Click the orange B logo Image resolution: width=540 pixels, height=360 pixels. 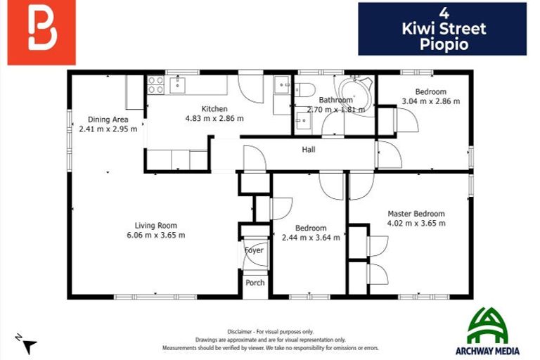[41, 32]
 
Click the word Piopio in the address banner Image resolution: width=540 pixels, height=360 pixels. [442, 44]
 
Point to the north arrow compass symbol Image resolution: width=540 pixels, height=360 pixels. [26, 345]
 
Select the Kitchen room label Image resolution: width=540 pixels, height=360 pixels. [214, 109]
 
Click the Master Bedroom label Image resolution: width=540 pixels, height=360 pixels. [416, 214]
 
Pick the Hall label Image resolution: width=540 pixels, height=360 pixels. [308, 150]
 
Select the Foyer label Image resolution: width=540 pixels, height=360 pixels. [254, 250]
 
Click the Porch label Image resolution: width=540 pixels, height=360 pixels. [255, 283]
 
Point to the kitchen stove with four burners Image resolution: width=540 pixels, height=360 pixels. [155, 85]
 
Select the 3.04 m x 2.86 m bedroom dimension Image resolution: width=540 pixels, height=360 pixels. [430, 101]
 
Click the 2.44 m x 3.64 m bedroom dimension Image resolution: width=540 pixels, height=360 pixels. [310, 238]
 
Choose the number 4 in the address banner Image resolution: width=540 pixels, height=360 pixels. [442, 13]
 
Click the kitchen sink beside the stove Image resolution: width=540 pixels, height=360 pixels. [177, 85]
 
